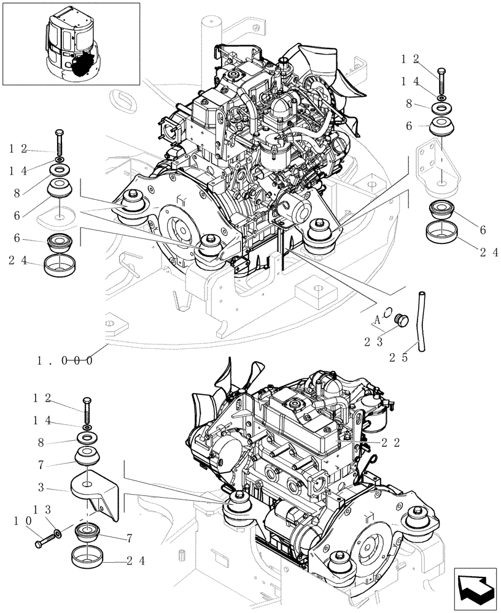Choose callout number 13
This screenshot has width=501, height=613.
(40, 508)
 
